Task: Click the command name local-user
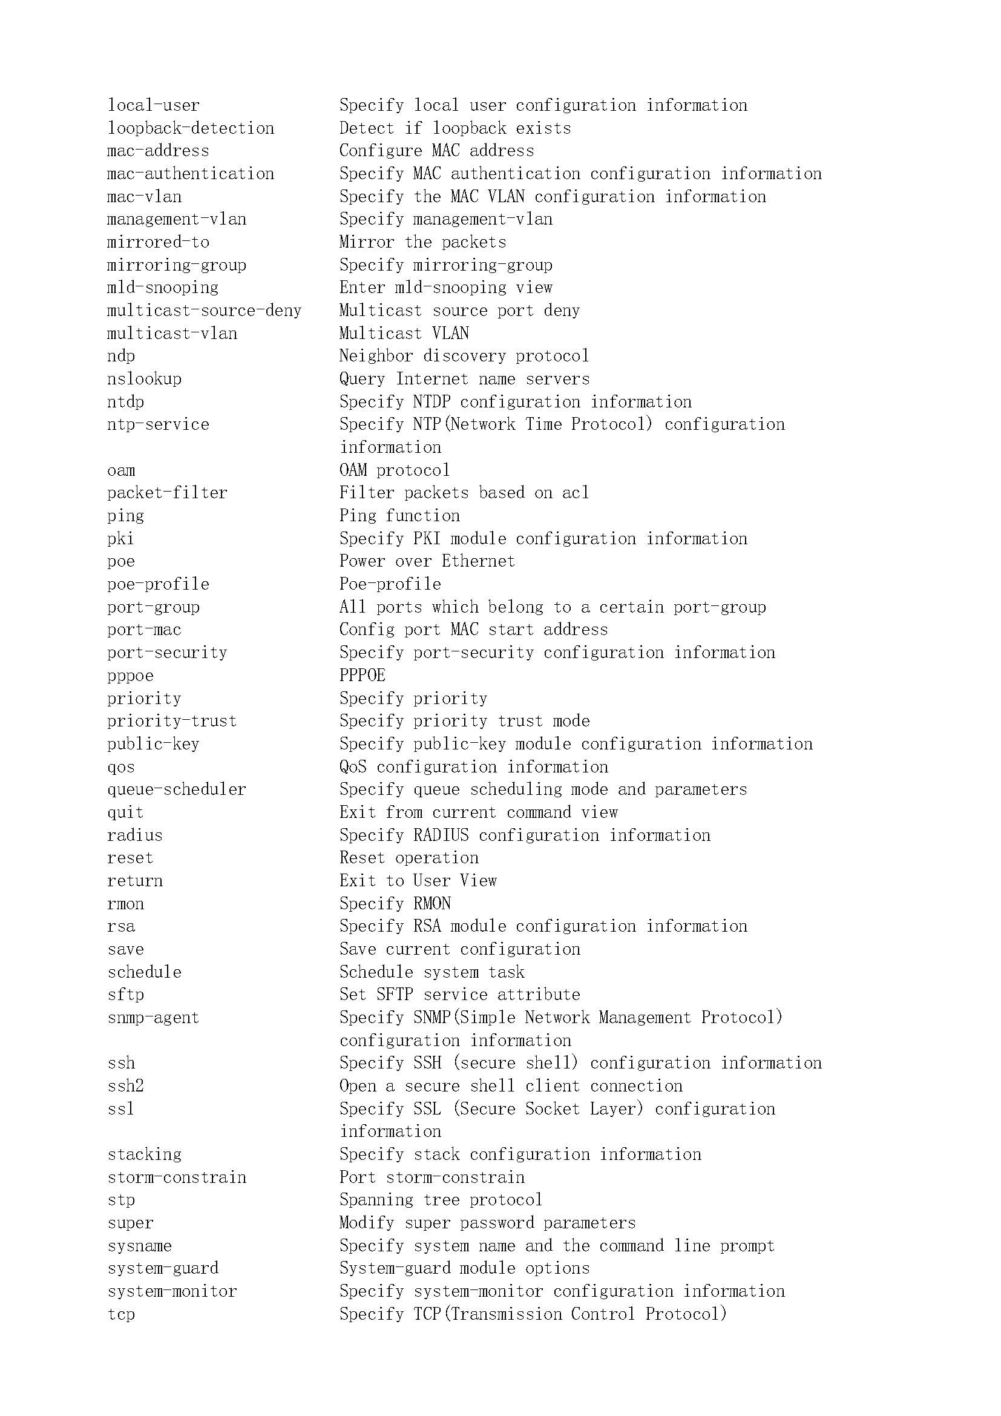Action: [x=154, y=105]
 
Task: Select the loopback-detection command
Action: [x=191, y=128]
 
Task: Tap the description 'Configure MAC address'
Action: [x=436, y=151]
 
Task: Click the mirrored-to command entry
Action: [x=158, y=242]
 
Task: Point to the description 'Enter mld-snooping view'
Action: [x=445, y=288]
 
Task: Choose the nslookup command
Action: [x=144, y=378]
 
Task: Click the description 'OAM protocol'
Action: [x=395, y=470]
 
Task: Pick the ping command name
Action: [x=126, y=516]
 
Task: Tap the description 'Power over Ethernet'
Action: [x=427, y=561]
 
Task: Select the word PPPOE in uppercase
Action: [x=363, y=676]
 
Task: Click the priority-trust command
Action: [x=172, y=721]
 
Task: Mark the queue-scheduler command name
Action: [x=176, y=789]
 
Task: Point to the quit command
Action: [x=125, y=812]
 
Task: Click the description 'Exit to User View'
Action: [x=418, y=881]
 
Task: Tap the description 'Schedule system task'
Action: [x=432, y=973]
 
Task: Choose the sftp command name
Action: [x=126, y=995]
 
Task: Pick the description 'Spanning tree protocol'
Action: [x=441, y=1200]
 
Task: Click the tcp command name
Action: [x=121, y=1314]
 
